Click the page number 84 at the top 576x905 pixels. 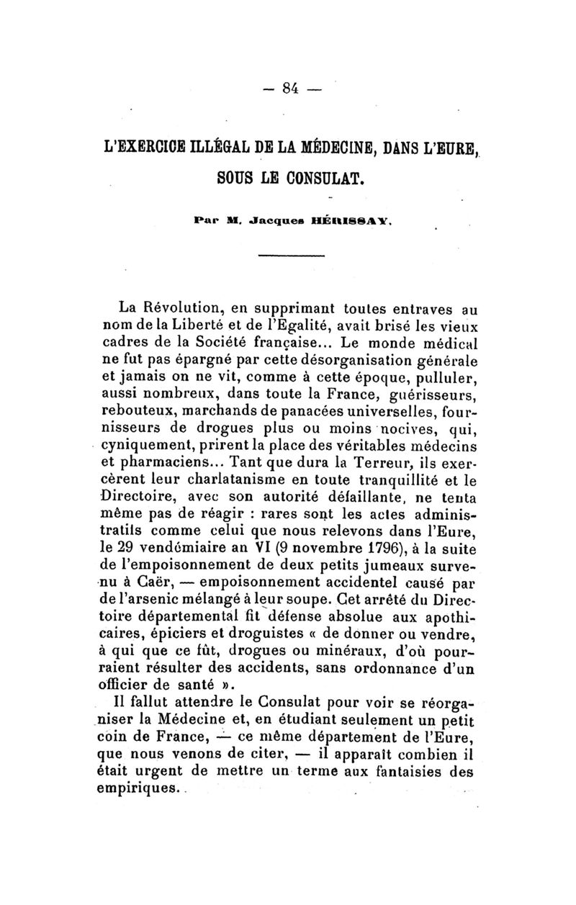(x=291, y=90)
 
